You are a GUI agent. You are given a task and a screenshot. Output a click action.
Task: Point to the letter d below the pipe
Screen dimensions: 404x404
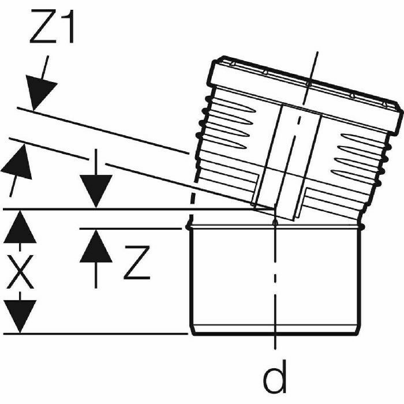275,378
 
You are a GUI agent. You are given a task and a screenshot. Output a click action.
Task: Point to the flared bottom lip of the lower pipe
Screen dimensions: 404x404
275,330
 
